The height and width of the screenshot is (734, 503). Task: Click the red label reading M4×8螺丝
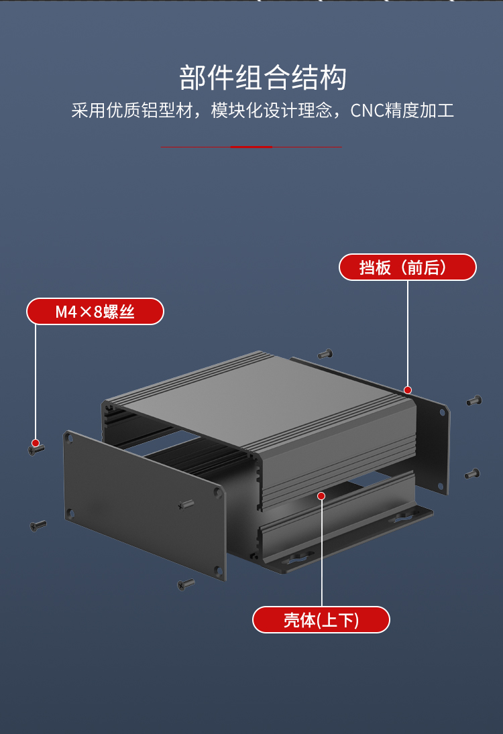(95, 311)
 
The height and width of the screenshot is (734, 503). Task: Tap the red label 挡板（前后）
(408, 267)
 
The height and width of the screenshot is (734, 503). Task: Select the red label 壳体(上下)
(321, 620)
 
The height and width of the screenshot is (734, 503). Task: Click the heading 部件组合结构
(263, 78)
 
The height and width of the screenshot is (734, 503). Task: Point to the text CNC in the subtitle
(367, 111)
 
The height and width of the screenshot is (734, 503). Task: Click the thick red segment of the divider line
(251, 147)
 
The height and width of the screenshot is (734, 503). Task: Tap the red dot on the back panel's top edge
(408, 390)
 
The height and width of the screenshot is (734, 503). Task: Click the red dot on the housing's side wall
(321, 496)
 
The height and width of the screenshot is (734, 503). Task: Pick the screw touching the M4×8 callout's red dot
(36, 449)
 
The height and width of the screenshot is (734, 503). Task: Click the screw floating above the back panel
(325, 354)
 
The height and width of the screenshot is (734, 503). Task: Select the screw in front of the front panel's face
(186, 505)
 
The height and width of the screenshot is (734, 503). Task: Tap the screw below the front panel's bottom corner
(186, 585)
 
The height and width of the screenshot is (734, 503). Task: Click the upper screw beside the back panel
(474, 401)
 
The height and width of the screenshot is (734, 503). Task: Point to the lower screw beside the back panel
(473, 474)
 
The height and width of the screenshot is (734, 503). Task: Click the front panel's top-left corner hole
(69, 438)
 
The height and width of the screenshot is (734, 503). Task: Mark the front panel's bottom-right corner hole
(218, 570)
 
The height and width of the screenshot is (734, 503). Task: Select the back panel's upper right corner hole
(442, 412)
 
